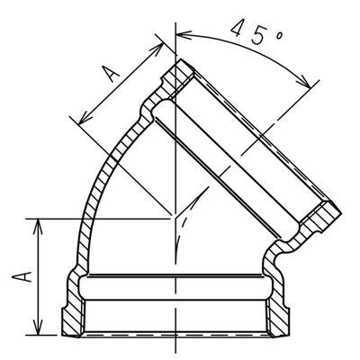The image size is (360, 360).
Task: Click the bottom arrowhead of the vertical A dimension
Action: click(39, 331)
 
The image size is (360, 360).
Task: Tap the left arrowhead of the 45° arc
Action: click(177, 34)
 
